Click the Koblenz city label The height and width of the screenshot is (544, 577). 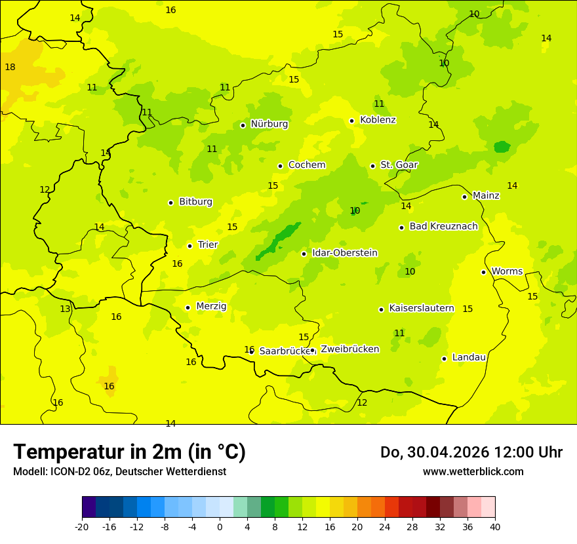pyautogui.click(x=378, y=120)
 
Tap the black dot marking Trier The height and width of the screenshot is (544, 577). pyautogui.click(x=189, y=246)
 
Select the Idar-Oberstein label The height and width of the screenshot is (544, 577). pyautogui.click(x=344, y=253)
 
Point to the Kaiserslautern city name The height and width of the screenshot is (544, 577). pyautogui.click(x=421, y=308)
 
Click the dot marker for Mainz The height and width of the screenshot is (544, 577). pyautogui.click(x=464, y=197)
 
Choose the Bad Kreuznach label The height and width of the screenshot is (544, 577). pyautogui.click(x=443, y=226)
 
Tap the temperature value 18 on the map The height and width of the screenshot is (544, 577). pyautogui.click(x=10, y=67)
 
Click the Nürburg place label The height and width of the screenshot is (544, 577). pyautogui.click(x=269, y=124)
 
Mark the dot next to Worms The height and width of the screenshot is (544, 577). pyautogui.click(x=483, y=272)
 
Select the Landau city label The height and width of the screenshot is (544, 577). pyautogui.click(x=469, y=357)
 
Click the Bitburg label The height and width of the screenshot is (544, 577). pyautogui.click(x=195, y=202)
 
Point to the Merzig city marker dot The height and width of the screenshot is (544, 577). pyautogui.click(x=188, y=307)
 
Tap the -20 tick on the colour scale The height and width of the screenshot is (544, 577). pyautogui.click(x=82, y=526)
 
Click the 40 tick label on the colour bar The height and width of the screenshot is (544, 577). pyautogui.click(x=495, y=526)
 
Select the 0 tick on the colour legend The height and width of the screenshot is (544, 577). pyautogui.click(x=220, y=526)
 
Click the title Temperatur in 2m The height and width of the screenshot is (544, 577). pyautogui.click(x=129, y=452)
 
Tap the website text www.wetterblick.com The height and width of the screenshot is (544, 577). pyautogui.click(x=473, y=471)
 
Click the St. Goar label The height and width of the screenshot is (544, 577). pyautogui.click(x=399, y=165)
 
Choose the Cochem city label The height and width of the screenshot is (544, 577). pyautogui.click(x=306, y=165)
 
